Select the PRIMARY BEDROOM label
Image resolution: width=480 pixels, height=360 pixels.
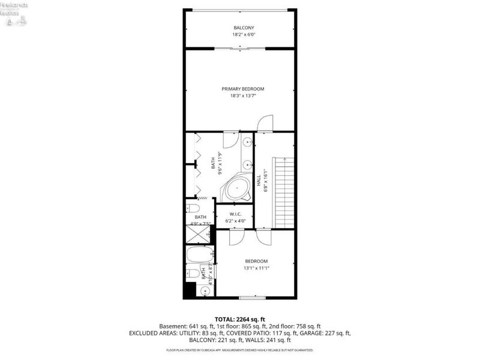tap(247, 89)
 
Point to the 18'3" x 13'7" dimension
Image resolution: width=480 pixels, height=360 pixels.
tap(247, 95)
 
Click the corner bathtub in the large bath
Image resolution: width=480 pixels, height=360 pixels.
tap(238, 188)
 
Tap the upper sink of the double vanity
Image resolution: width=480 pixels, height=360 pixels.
tap(247, 143)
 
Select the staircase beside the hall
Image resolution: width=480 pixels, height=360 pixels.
tap(283, 192)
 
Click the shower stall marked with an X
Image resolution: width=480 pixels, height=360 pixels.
tap(199, 233)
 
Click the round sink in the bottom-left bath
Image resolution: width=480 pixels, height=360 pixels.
tap(205, 292)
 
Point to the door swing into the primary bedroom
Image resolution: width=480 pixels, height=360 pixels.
tap(265, 122)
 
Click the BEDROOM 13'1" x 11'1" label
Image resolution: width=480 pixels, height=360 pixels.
tap(256, 265)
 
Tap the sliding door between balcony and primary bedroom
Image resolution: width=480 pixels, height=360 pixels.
tap(240, 49)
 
